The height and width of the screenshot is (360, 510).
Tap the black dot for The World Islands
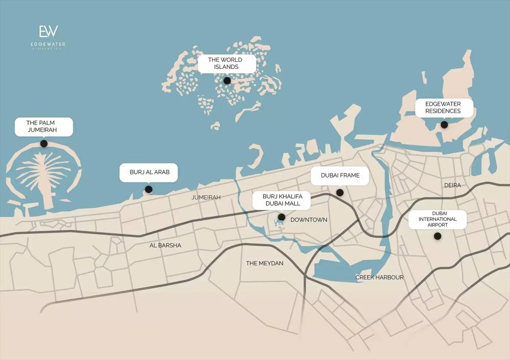(x=227, y=81)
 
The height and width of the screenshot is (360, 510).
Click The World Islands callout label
(x=225, y=63)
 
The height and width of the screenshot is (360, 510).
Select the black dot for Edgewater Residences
(x=444, y=124)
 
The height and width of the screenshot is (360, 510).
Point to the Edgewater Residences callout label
(x=443, y=107)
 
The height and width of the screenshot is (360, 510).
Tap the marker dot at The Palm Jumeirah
(x=44, y=144)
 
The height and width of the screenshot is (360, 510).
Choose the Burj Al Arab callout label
(x=148, y=172)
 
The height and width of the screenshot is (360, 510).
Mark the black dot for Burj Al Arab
(x=148, y=189)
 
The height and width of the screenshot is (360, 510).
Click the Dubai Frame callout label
(x=340, y=175)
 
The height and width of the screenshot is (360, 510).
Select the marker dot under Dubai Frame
(x=340, y=192)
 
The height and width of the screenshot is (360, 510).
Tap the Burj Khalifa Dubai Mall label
(x=282, y=200)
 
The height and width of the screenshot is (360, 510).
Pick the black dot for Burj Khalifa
(x=281, y=217)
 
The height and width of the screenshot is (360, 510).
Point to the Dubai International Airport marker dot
(x=437, y=236)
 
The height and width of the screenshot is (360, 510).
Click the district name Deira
(x=452, y=185)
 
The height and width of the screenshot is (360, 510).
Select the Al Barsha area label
(x=165, y=245)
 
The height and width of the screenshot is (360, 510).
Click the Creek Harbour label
(x=379, y=277)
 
